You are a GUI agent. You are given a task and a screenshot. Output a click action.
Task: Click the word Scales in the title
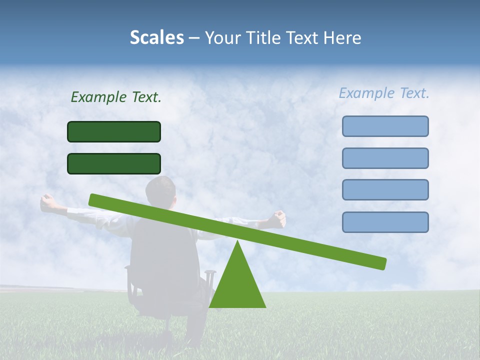coord(156,37)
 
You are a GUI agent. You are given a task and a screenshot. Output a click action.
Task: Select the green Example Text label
coord(116,97)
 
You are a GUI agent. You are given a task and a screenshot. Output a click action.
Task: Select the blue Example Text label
coord(384,93)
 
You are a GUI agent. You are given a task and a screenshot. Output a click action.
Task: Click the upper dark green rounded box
coord(114,131)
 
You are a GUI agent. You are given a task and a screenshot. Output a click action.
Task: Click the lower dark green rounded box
coord(114,163)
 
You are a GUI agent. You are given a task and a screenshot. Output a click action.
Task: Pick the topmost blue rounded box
coord(385,126)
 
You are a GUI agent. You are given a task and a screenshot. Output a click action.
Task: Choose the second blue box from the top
coord(385,158)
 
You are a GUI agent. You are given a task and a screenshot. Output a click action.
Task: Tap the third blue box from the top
coord(385,189)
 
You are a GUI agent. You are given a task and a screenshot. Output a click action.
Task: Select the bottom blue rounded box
coord(385,222)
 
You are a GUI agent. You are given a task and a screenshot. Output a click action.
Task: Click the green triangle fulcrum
coord(237,285)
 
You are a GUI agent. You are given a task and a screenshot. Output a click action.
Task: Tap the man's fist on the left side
coord(48,202)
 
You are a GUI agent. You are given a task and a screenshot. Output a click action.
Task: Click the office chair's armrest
coord(210,273)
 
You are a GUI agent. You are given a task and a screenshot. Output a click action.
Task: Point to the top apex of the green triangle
coord(237,242)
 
